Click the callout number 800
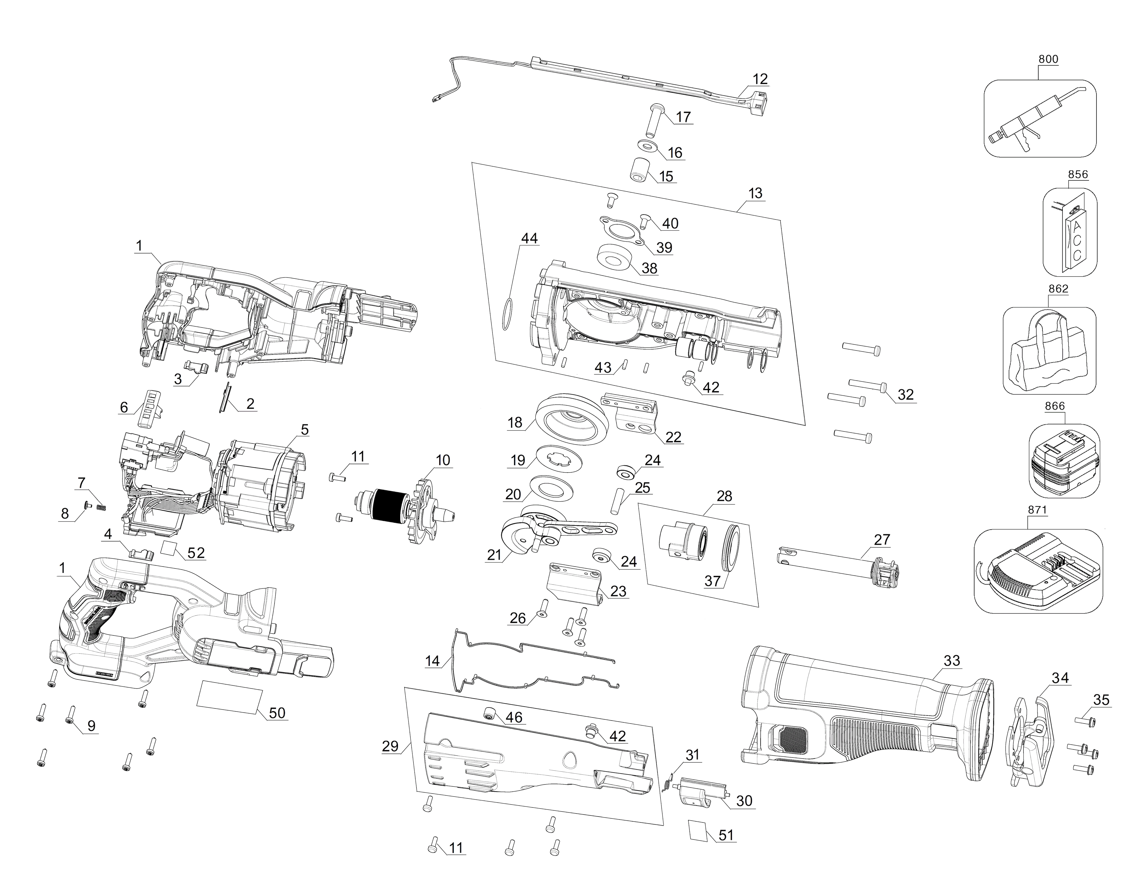1048,59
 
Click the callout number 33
952,661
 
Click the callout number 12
760,79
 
